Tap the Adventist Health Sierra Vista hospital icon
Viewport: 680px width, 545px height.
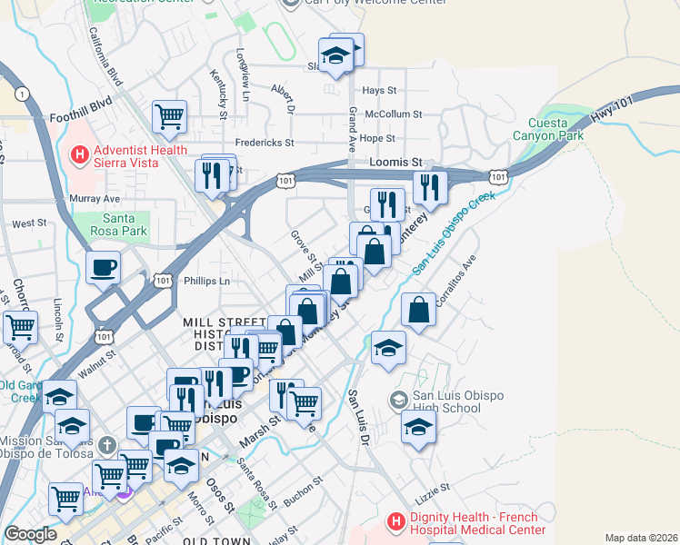(x=79, y=156)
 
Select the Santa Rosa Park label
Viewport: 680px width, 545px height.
(x=124, y=224)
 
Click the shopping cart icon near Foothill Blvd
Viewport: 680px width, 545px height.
(x=169, y=116)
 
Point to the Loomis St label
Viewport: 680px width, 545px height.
(x=397, y=162)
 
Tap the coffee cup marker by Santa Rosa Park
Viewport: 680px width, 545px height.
(x=104, y=268)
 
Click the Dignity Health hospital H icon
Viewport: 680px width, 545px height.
(x=395, y=522)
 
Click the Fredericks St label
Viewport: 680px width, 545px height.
(x=265, y=143)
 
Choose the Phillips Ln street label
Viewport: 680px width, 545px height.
(x=207, y=282)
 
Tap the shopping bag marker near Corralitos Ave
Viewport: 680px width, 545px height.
(x=417, y=311)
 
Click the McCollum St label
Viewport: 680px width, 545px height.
(x=393, y=114)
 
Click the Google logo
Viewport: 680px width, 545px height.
(x=30, y=534)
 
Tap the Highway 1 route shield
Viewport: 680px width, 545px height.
(x=21, y=93)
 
